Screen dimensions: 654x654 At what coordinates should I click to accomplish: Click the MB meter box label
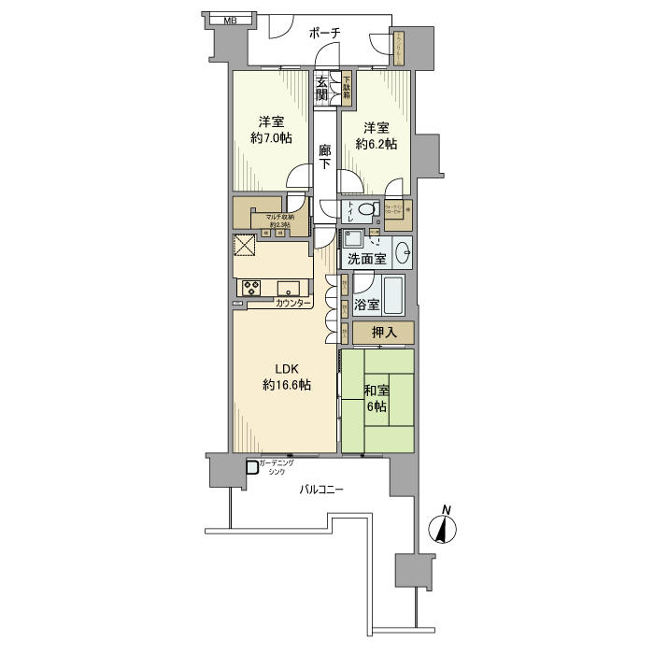pos(230,20)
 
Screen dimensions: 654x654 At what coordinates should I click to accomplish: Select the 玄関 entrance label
pos(322,88)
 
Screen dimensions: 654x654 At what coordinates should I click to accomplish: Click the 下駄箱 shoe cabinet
pos(346,87)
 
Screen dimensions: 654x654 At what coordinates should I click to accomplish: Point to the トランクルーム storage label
pos(399,50)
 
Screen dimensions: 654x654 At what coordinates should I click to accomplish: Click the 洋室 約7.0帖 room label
pos(271,130)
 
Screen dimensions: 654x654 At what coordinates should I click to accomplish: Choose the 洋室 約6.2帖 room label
pos(376,135)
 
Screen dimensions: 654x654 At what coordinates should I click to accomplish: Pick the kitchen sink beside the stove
pos(288,287)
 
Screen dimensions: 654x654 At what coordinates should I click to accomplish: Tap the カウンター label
pos(293,304)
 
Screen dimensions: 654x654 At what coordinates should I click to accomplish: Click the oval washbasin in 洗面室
pos(402,251)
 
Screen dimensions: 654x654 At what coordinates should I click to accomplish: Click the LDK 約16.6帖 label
pos(285,377)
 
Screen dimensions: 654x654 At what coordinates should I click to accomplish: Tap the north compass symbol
pos(442,528)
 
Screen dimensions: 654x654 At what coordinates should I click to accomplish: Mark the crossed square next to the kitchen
pos(245,245)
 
